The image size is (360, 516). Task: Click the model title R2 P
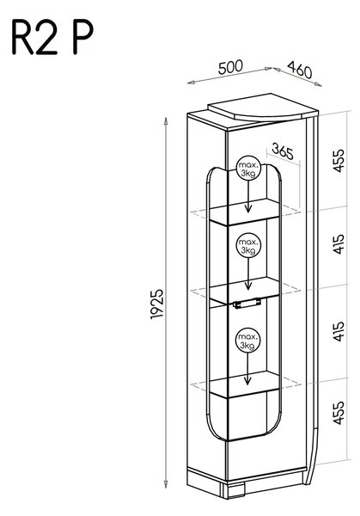(52, 37)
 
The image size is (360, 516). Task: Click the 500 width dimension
(230, 66)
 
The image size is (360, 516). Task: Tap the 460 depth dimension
(300, 70)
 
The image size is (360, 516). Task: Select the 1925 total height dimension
(157, 304)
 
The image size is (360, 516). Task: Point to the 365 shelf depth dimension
(283, 151)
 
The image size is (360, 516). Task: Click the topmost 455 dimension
(339, 160)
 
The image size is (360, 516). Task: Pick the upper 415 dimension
(339, 244)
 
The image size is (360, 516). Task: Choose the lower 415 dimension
(339, 331)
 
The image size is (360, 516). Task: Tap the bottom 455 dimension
(339, 412)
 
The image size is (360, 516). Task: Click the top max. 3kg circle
(248, 168)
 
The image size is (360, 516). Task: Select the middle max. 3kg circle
(248, 246)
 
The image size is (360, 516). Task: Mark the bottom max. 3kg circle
(248, 341)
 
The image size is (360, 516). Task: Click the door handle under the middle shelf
(247, 303)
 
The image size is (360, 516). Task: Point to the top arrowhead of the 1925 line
(166, 121)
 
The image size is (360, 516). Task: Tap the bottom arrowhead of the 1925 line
(166, 483)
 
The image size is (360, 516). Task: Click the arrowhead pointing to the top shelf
(248, 208)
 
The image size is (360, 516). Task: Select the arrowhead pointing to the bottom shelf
(248, 381)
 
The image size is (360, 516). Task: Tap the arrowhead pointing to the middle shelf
(248, 286)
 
